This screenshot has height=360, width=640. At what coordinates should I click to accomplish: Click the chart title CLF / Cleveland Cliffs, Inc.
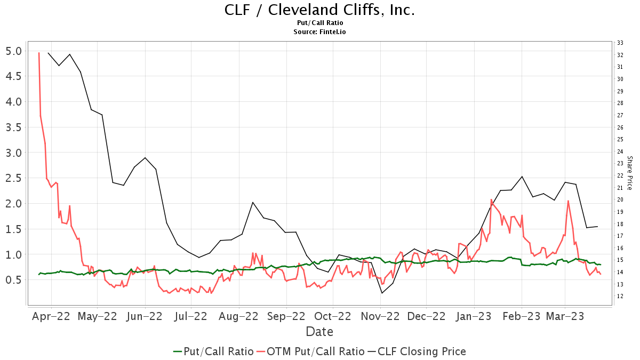click(319, 10)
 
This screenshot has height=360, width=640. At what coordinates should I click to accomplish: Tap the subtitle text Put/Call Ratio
click(319, 23)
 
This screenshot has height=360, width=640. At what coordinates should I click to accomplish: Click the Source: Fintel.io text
click(319, 31)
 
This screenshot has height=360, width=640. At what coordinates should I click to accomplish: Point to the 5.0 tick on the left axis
click(13, 51)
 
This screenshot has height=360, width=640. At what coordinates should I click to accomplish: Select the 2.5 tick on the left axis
click(13, 178)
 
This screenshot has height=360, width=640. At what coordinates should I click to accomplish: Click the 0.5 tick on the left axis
click(13, 280)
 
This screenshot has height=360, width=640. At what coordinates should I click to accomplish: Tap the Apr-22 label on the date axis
click(51, 316)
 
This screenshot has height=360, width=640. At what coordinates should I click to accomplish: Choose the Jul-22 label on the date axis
click(190, 316)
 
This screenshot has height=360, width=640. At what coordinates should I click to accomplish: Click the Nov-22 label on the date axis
click(381, 316)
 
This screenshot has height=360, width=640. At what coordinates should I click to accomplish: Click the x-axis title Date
click(319, 332)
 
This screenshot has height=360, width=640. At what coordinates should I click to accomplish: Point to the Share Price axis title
click(629, 173)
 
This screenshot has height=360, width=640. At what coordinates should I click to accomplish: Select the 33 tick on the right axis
click(620, 43)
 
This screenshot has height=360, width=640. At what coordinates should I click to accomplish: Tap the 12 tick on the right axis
click(620, 297)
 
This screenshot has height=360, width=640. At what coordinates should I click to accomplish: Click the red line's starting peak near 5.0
click(39, 53)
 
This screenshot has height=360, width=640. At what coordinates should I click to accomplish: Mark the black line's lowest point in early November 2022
click(382, 293)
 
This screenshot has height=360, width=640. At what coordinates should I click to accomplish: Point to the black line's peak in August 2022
click(253, 202)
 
